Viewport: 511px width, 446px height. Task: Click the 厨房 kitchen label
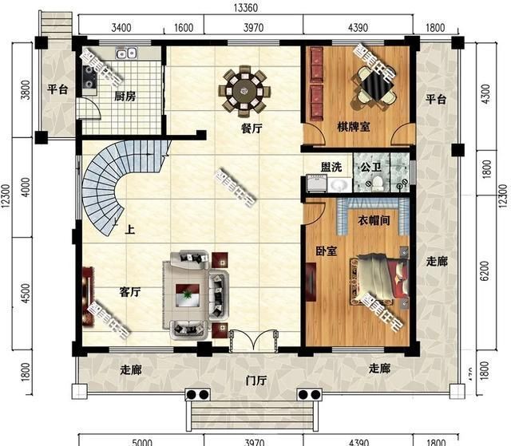click(123, 97)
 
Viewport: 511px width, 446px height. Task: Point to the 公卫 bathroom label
click(370, 168)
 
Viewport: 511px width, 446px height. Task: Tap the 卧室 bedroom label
click(326, 251)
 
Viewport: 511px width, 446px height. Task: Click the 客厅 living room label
click(130, 293)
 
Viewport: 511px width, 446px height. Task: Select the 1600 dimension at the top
click(183, 29)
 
